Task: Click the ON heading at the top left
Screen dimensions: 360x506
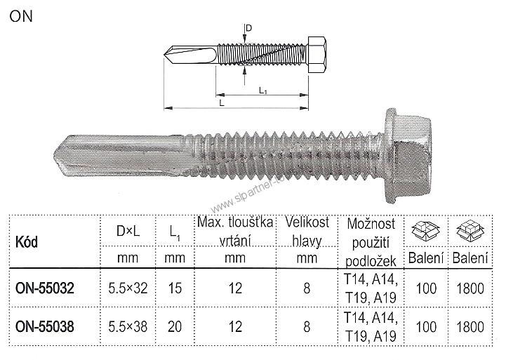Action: [x=20, y=16]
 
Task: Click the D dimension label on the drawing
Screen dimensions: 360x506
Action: [x=249, y=27]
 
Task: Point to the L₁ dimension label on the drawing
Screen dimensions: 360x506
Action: [x=262, y=90]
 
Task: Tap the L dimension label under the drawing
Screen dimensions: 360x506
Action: [x=222, y=103]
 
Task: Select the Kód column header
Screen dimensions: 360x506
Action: [x=27, y=242]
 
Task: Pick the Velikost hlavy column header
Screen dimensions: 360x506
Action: [x=304, y=232]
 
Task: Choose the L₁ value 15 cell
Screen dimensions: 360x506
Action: [x=175, y=288]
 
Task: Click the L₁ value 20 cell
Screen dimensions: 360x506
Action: [x=175, y=326]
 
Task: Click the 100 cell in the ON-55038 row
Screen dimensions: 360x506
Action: [x=425, y=326]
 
